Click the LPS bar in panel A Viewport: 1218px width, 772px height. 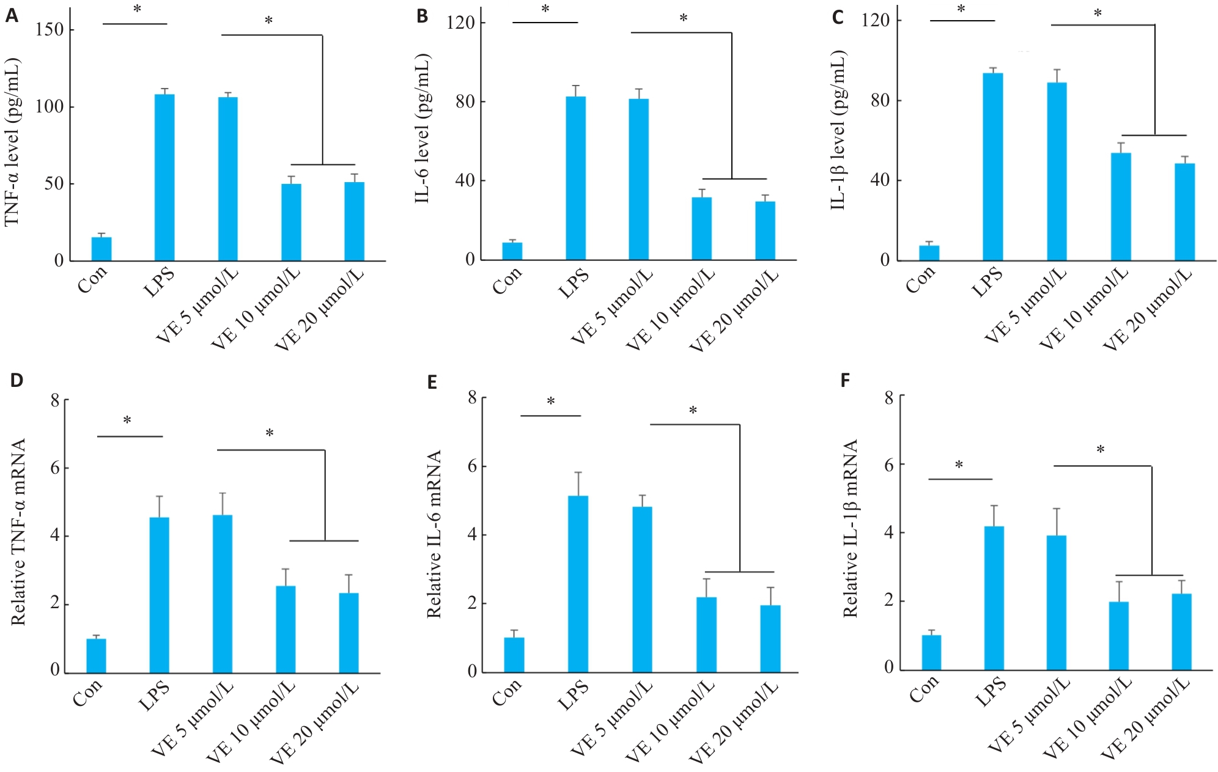tap(164, 177)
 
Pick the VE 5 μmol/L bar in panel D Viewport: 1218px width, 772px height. tap(223, 594)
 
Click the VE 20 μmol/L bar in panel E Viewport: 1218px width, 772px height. tap(770, 638)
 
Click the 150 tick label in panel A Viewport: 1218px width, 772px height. tap(50, 29)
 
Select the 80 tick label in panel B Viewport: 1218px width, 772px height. tap(465, 101)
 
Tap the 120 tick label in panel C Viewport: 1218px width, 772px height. tap(876, 20)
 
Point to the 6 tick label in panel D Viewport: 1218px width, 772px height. tap(56, 468)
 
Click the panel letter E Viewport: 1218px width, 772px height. tap(432, 383)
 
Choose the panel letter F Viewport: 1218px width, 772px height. tap(846, 381)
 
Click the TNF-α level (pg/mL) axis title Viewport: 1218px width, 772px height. tap(13, 142)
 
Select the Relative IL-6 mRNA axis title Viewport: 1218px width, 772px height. tap(434, 534)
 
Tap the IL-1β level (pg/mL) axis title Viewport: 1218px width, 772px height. tap(838, 130)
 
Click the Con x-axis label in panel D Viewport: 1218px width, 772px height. tap(87, 692)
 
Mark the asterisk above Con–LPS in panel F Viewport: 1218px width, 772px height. tap(959, 466)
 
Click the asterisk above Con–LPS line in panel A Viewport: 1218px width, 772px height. tap(137, 10)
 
